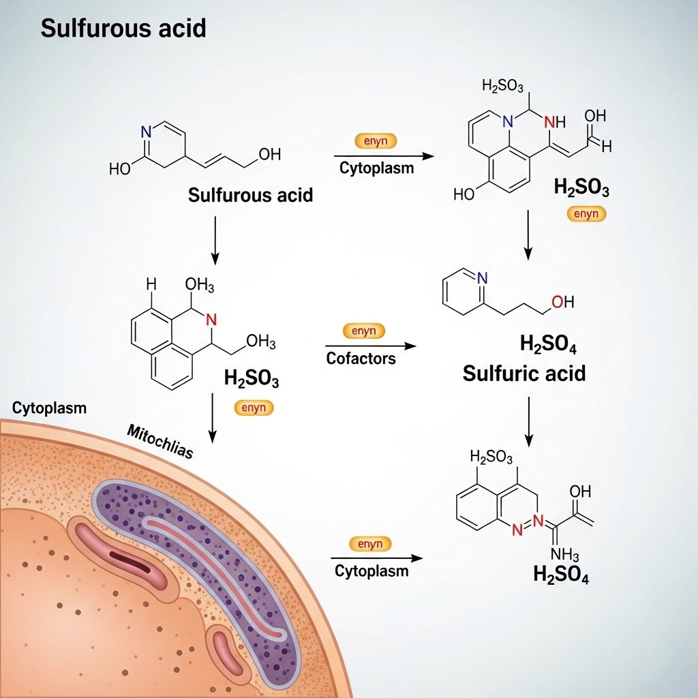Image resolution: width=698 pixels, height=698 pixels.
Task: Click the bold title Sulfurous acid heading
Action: tap(123, 29)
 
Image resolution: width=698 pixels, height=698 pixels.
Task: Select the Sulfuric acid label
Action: tap(523, 374)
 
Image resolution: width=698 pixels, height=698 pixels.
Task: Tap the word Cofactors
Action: tap(361, 358)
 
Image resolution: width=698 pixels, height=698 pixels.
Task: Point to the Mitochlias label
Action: tap(160, 442)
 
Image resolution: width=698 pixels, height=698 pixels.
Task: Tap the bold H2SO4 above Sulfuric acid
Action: tap(548, 344)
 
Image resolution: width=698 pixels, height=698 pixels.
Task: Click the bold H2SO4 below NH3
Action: tap(561, 575)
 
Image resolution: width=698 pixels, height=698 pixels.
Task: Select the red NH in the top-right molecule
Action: tap(555, 123)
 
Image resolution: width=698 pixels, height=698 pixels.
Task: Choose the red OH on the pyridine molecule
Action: tap(562, 302)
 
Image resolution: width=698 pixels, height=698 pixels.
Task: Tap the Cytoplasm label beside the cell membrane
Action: tap(49, 408)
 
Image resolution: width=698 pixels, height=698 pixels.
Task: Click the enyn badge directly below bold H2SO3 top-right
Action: tap(586, 214)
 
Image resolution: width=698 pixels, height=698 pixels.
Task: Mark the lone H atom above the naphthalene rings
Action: tap(151, 283)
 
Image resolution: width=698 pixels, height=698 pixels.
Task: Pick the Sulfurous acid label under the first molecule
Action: tap(250, 196)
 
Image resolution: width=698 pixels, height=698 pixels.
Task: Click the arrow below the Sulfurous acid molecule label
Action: tap(215, 240)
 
